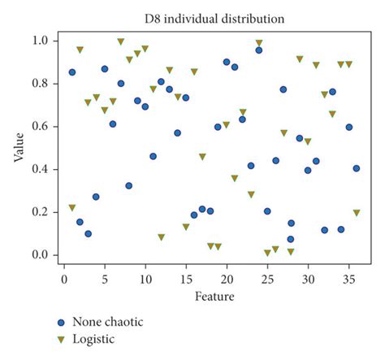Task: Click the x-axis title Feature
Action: pos(215,297)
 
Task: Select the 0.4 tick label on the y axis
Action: pos(39,169)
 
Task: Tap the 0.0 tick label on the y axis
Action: pos(39,255)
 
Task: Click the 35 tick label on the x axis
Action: pos(348,279)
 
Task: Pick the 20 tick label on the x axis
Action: pos(227,279)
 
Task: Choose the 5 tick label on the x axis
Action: pos(105,279)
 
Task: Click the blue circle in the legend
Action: pos(62,322)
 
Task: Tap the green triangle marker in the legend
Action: pos(62,339)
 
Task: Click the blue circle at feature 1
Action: pos(72,72)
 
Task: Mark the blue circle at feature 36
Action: pos(357,168)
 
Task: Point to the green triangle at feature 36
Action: pos(357,213)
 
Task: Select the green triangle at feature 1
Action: pos(72,208)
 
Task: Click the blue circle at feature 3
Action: pos(88,233)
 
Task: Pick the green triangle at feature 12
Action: pos(162,237)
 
